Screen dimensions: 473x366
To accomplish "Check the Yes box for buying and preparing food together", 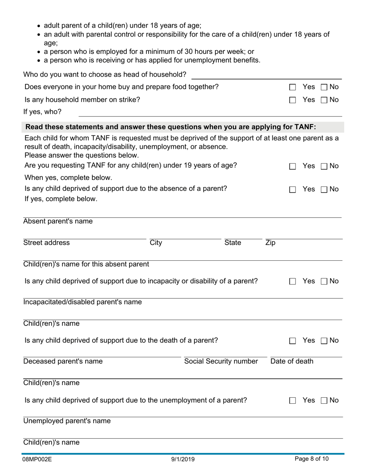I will coord(292,87).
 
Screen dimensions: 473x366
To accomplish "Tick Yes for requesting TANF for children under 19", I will coord(292,166).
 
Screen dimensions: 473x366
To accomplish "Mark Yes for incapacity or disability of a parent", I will coord(292,281).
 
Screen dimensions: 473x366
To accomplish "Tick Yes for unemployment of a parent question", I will coord(292,401).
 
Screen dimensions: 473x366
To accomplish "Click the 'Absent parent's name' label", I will coord(58,222).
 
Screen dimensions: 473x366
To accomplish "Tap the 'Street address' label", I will coord(47,243).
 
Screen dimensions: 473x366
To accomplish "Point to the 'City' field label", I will coord(156,243).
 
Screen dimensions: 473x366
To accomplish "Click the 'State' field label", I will coord(233,243).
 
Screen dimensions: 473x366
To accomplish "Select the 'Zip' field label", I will coord(270,243).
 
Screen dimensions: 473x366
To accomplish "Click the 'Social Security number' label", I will coord(221,361).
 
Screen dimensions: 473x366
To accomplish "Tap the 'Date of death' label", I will coord(292,361).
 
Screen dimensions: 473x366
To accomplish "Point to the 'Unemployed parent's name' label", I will coord(67,421).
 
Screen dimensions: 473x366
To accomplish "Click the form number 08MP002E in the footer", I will coord(37,459).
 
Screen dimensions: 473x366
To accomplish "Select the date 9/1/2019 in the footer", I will coord(183,459).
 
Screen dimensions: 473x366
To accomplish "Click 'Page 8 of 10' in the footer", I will coord(312,459).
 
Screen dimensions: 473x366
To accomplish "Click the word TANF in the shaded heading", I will coord(304,127).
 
